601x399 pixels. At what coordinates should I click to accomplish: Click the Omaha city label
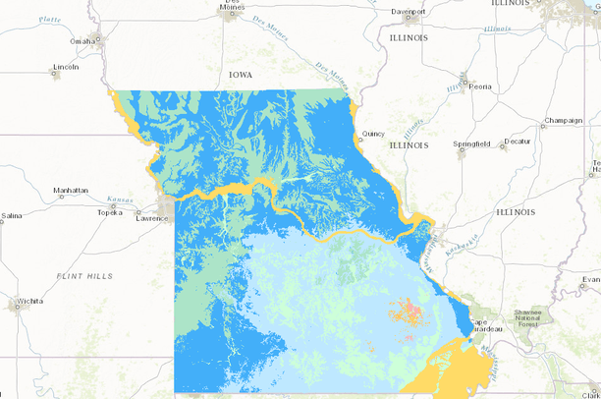point(82,41)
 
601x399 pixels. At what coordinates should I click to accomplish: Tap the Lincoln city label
point(66,68)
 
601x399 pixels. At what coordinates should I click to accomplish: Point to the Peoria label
point(480,85)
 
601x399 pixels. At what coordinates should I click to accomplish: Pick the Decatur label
point(517,142)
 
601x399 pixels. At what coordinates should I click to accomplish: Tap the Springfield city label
point(472,143)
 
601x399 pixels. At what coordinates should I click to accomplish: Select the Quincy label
point(373,133)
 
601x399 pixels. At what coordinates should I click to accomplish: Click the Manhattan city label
point(71,190)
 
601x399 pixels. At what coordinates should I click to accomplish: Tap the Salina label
point(12,215)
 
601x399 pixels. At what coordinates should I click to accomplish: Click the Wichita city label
point(28,300)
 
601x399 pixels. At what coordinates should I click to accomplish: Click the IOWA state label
point(241,75)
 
